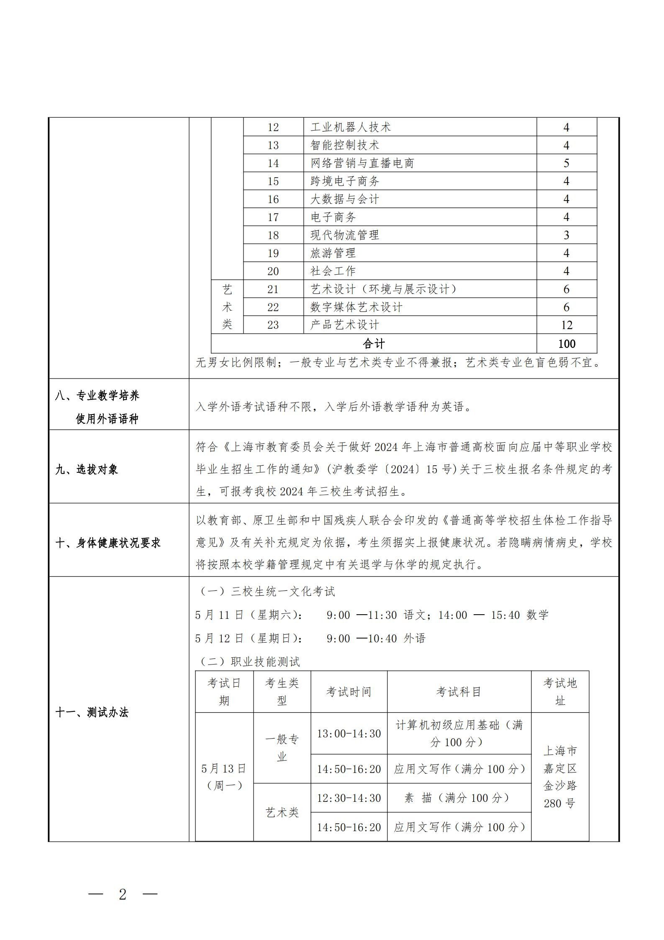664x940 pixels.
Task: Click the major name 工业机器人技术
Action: coord(350,127)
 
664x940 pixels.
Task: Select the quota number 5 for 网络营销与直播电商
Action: coord(566,163)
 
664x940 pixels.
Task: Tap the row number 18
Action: coord(273,235)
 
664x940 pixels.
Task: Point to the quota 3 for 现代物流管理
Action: coord(566,235)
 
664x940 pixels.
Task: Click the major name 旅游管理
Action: coord(333,253)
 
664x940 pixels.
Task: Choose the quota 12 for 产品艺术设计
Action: coord(566,325)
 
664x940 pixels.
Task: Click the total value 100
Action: coord(567,344)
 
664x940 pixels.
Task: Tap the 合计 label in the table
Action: coord(374,344)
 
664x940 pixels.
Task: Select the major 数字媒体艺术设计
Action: coord(356,307)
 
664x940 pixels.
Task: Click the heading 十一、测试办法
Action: coord(92,713)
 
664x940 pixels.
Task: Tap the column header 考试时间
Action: coord(349,692)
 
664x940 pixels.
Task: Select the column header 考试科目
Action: coord(459,692)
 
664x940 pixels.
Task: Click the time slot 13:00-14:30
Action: coord(349,734)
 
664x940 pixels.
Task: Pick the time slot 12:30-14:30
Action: coord(349,798)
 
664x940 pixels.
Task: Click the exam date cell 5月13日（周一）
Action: coord(224,777)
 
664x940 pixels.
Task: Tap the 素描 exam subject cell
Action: coord(459,798)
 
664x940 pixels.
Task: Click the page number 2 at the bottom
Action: coord(123,895)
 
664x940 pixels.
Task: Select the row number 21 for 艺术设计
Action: coord(273,289)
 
